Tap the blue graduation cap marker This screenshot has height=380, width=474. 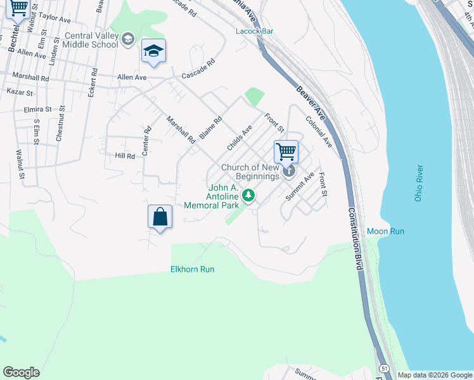(x=153, y=51)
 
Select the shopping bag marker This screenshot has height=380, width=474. (x=160, y=217)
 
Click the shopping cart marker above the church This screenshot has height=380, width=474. (x=286, y=152)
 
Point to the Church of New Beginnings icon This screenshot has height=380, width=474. (x=289, y=170)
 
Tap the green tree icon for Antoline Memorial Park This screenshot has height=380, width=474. (x=250, y=195)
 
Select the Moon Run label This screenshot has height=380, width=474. (x=385, y=232)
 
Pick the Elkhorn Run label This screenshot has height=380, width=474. (x=192, y=269)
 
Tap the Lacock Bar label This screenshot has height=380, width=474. (x=254, y=30)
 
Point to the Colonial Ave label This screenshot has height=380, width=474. (x=319, y=131)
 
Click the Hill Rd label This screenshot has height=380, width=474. (x=125, y=156)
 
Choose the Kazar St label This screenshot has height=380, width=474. (x=20, y=92)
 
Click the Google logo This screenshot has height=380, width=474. (x=21, y=372)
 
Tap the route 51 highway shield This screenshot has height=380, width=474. (x=384, y=368)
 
